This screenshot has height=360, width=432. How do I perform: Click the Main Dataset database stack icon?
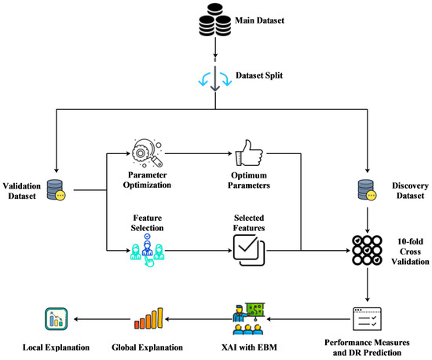click(x=215, y=21)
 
